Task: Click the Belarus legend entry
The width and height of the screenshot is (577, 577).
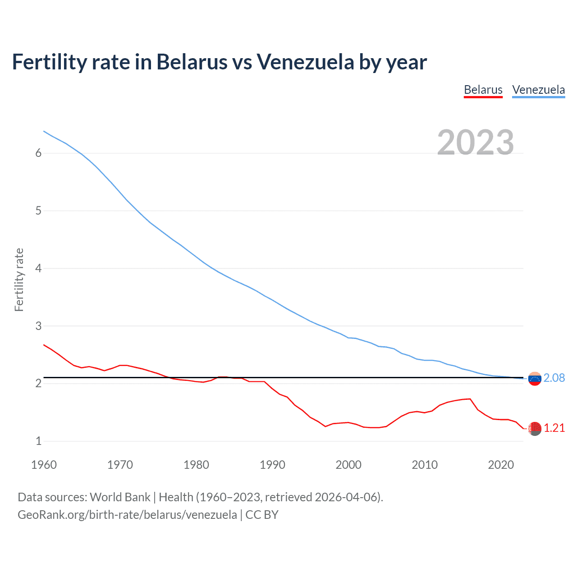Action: [483, 90]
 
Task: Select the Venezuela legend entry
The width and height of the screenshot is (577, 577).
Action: [538, 90]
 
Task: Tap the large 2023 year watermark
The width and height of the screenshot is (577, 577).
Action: [476, 142]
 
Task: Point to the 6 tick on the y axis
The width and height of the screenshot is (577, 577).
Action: [38, 153]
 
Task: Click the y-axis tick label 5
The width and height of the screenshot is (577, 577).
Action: [38, 211]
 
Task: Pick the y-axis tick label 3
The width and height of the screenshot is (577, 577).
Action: [38, 326]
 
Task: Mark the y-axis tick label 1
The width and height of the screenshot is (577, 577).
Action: [38, 441]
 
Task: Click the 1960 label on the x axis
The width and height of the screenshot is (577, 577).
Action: [44, 465]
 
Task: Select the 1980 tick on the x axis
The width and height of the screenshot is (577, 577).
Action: [196, 465]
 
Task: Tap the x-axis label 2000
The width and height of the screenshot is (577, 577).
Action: [348, 465]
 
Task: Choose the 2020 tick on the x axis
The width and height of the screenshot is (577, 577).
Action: [501, 465]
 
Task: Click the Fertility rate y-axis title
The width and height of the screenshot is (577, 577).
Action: [19, 279]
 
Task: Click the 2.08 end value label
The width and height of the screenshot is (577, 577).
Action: [554, 378]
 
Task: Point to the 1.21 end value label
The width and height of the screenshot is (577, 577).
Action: [554, 428]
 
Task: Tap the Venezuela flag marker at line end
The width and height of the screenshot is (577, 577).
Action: [535, 379]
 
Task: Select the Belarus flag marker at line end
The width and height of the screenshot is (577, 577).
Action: [535, 429]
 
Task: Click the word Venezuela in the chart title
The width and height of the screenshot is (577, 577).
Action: [305, 62]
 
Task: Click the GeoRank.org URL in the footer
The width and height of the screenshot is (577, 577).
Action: [127, 515]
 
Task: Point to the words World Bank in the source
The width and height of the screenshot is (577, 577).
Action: [120, 497]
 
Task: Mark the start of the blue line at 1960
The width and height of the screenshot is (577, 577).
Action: [44, 131]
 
